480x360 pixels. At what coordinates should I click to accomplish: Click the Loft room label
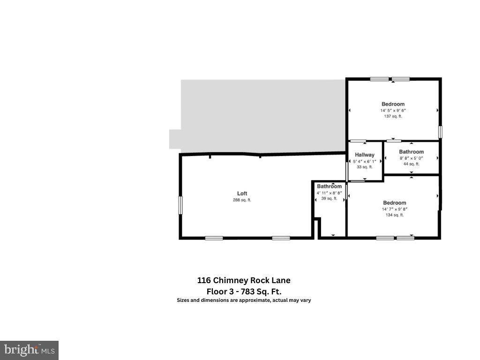(242, 194)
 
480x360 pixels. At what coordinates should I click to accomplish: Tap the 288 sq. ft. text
(242, 200)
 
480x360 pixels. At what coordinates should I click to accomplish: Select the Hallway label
(365, 155)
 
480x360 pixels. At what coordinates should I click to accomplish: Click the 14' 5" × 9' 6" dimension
(393, 111)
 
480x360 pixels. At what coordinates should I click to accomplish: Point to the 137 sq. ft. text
(393, 116)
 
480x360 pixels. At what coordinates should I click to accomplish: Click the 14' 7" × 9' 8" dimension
(394, 209)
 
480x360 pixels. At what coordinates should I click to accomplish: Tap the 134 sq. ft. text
(394, 215)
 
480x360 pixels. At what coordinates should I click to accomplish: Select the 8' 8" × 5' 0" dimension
(412, 158)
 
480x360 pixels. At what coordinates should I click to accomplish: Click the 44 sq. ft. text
(412, 164)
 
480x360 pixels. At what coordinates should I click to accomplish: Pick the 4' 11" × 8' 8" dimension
(329, 193)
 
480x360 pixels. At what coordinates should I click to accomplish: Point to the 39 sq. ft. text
(329, 199)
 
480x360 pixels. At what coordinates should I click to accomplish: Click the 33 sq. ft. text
(365, 167)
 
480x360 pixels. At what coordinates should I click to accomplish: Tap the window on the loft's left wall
(180, 205)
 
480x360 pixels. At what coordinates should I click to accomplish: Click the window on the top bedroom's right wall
(440, 131)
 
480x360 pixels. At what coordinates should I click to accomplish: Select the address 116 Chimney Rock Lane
(244, 280)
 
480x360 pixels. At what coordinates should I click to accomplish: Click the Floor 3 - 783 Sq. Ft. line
(244, 291)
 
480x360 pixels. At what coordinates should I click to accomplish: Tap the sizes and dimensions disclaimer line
(244, 300)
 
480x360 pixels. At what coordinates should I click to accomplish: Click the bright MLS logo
(29, 350)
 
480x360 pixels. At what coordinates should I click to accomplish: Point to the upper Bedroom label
(393, 104)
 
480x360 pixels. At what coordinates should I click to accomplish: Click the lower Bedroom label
(394, 203)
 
